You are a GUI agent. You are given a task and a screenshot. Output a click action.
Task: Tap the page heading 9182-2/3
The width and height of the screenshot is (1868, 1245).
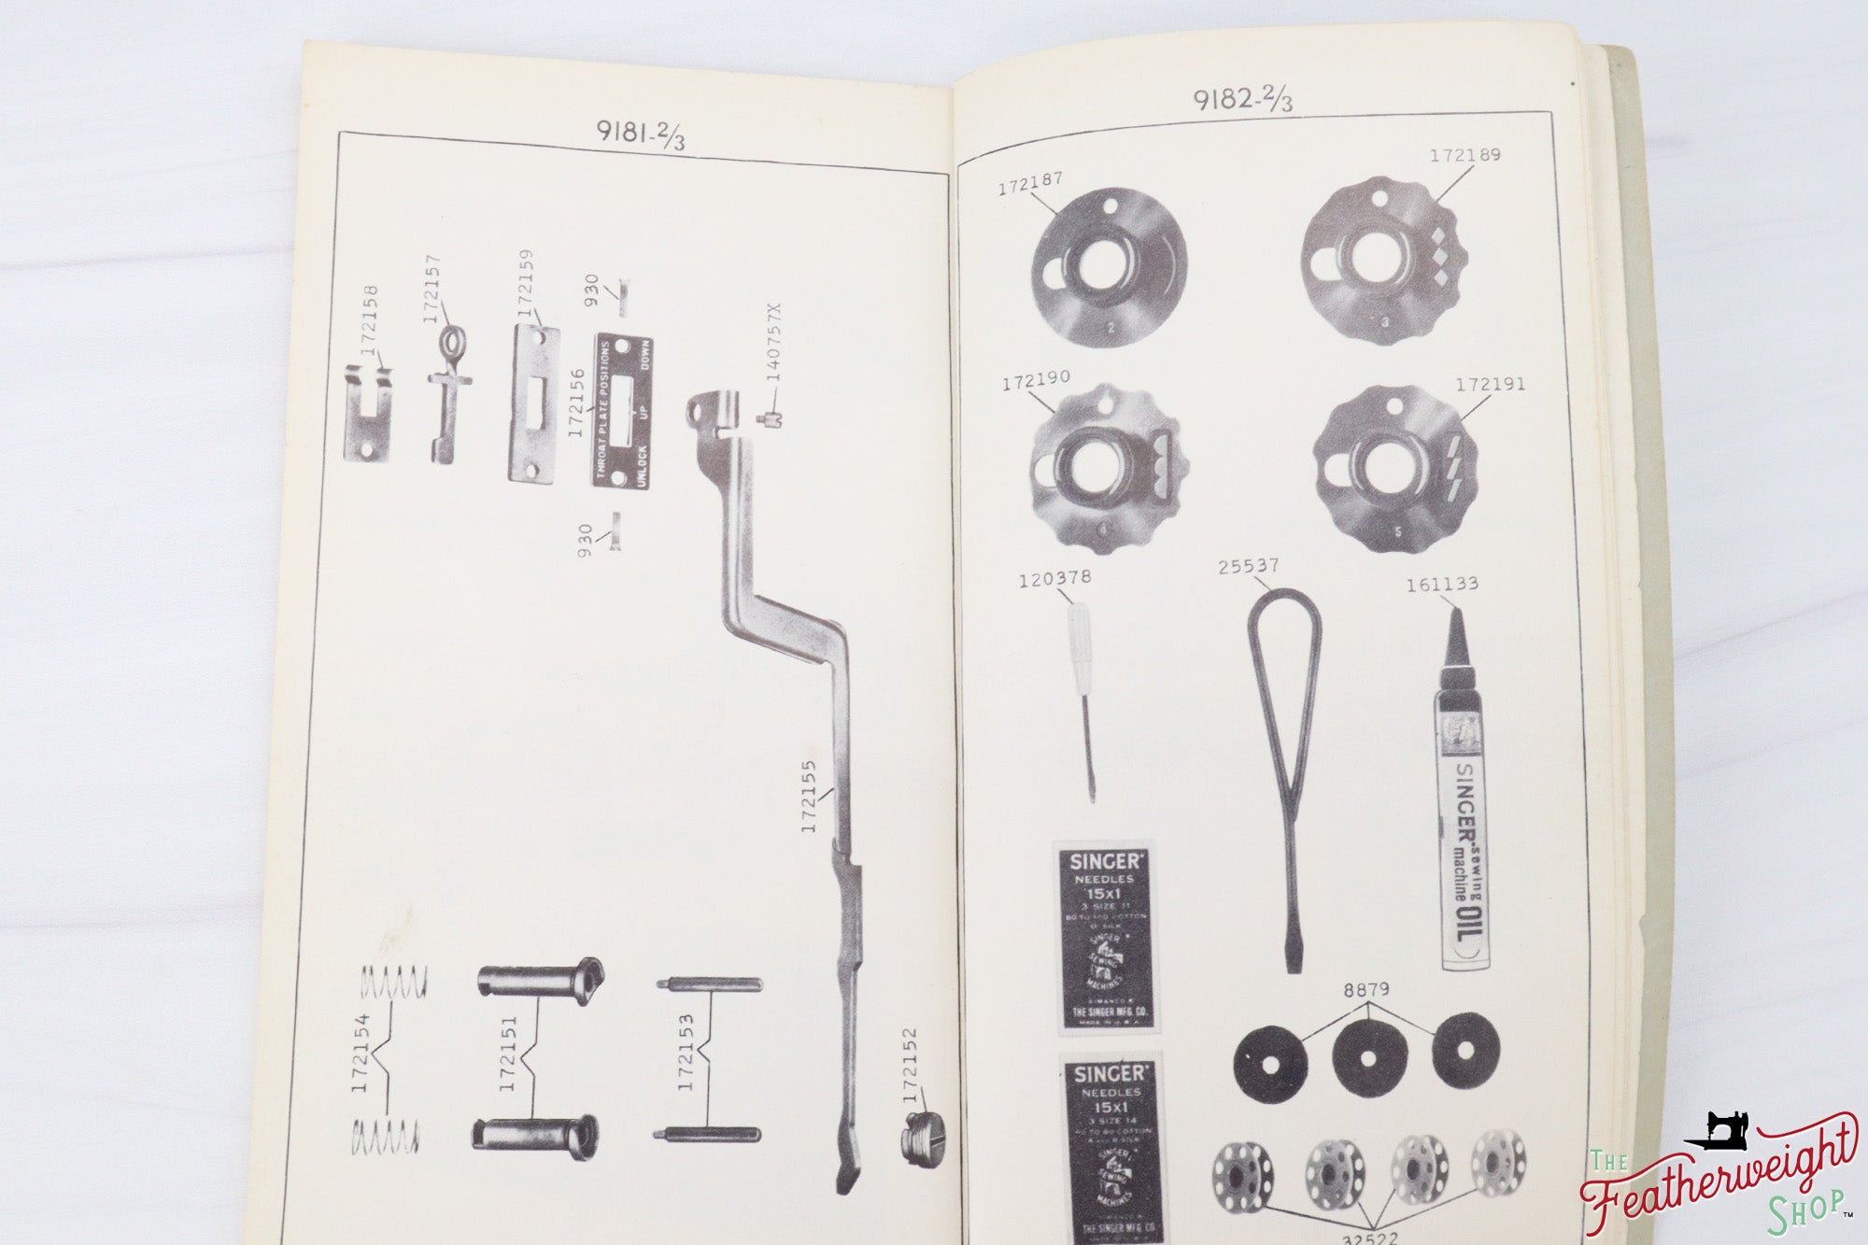point(1243,98)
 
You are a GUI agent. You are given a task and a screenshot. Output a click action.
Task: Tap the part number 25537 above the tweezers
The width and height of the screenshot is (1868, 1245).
point(1249,567)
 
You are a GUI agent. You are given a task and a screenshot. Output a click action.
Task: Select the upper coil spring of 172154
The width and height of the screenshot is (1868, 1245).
point(393,982)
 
